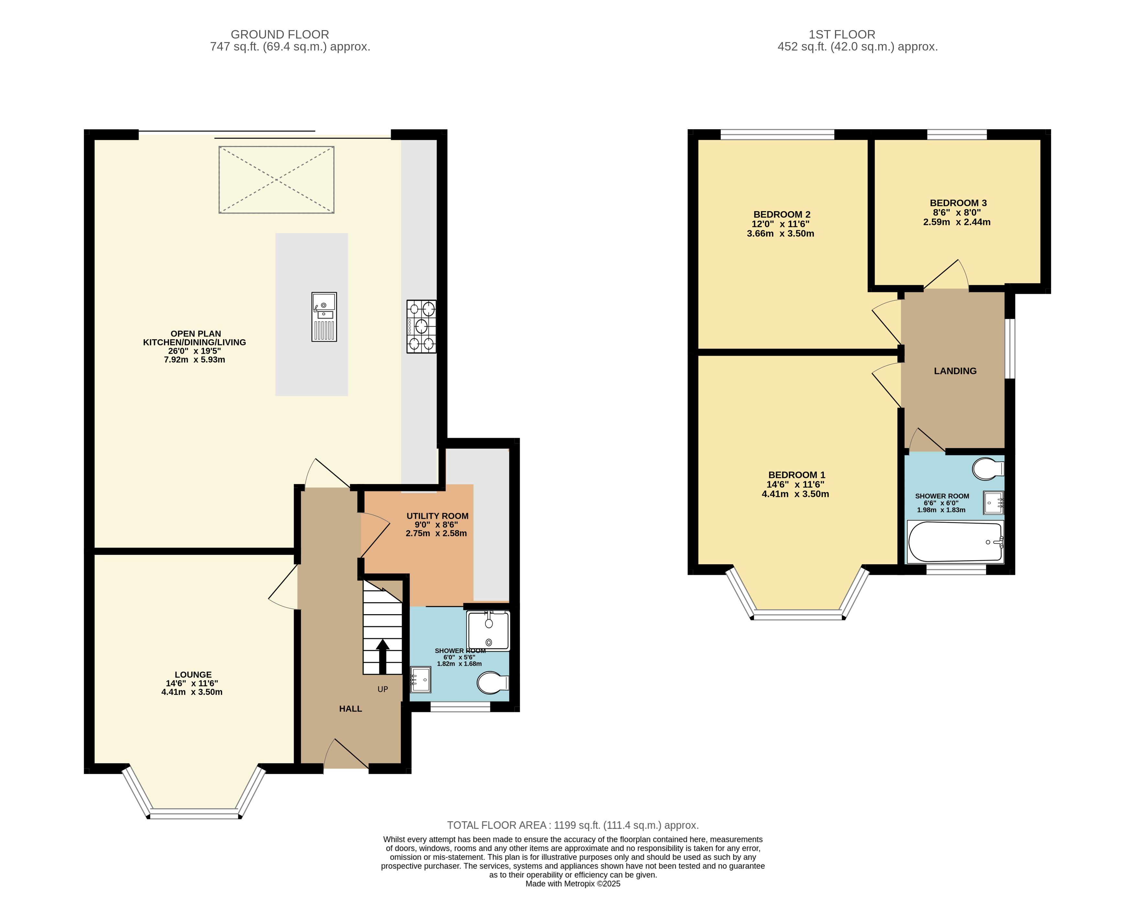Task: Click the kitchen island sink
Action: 324,317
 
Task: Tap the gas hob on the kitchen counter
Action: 421,326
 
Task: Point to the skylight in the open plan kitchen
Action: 276,180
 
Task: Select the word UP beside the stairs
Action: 383,689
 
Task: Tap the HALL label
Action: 351,709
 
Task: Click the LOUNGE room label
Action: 193,674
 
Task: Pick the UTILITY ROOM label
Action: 438,516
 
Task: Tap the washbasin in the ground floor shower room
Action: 421,680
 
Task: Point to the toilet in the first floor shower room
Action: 988,468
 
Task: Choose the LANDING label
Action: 955,371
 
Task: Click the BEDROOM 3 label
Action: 958,203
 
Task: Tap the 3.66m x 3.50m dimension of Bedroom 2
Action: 780,233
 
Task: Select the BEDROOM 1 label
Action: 796,475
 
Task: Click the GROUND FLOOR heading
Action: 280,34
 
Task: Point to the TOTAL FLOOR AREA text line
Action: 573,825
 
